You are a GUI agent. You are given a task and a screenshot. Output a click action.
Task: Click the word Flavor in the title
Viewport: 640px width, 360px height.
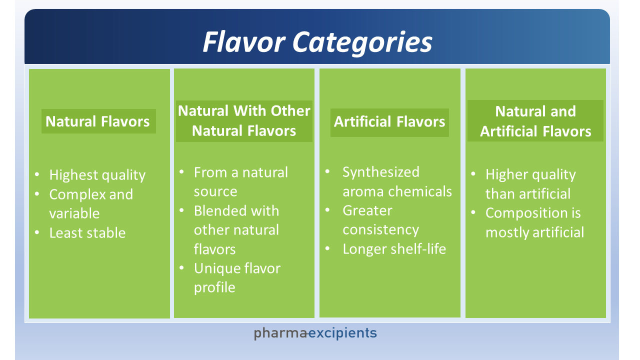pos(244,42)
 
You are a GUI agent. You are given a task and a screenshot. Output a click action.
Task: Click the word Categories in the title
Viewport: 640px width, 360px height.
pos(362,43)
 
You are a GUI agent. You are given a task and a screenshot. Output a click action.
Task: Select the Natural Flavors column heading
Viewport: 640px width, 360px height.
pos(97,121)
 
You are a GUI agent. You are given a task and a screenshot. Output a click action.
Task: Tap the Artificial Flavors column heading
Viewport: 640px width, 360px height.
pos(389,121)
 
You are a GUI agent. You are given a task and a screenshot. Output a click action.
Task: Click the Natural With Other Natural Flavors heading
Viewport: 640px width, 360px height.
pos(244,121)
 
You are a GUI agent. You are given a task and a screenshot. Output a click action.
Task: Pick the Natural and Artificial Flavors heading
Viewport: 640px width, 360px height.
pos(535,121)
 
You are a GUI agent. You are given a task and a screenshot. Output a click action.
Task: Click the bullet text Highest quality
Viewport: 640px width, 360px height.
pos(97,175)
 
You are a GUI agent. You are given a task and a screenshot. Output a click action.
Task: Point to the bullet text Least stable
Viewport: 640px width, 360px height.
pos(87,233)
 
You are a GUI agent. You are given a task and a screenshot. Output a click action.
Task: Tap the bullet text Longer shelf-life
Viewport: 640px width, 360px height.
pos(394,249)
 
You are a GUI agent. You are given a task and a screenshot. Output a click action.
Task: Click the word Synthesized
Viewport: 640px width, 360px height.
pos(381,172)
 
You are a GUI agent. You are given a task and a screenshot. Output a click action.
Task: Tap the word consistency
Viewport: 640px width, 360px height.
pos(381,230)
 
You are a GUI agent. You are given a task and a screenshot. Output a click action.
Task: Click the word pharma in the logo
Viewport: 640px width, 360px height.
pos(280,333)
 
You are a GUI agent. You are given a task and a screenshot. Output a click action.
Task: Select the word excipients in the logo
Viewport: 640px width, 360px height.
pos(342,333)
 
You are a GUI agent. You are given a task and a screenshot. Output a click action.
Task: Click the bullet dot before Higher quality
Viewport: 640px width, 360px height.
pos(473,173)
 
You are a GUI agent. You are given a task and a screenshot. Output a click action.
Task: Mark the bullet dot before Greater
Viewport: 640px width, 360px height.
pos(327,210)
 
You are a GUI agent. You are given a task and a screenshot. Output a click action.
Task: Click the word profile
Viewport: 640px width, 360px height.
pos(214,287)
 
